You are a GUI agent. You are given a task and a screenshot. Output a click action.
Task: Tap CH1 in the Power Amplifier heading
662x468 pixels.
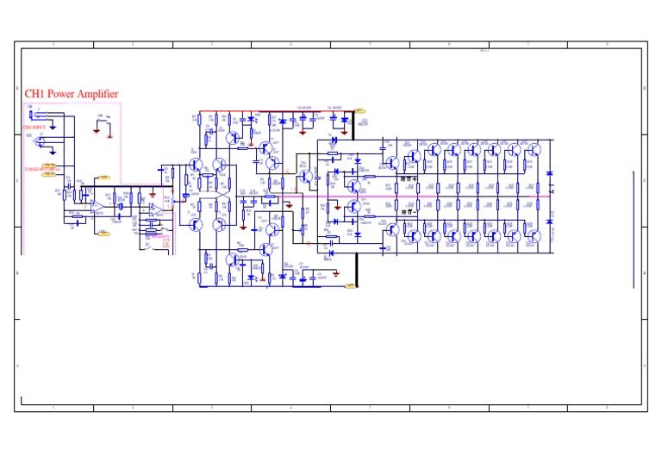pyautogui.click(x=34, y=94)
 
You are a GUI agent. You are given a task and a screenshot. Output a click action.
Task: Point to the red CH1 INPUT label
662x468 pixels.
pyautogui.click(x=34, y=127)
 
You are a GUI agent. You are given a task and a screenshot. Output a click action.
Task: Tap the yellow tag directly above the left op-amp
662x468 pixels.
pyautogui.click(x=103, y=178)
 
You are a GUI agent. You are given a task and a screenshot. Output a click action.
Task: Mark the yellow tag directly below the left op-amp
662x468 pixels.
pyautogui.click(x=103, y=232)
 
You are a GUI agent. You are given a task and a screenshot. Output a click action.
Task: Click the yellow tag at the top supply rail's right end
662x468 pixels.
pyautogui.click(x=359, y=110)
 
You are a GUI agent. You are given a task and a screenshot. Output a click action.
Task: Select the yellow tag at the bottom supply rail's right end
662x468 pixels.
pyautogui.click(x=351, y=284)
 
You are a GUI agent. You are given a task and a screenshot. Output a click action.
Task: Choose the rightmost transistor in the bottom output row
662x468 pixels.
pyautogui.click(x=534, y=234)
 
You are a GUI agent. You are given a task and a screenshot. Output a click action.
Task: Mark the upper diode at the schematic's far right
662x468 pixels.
pyautogui.click(x=550, y=175)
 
